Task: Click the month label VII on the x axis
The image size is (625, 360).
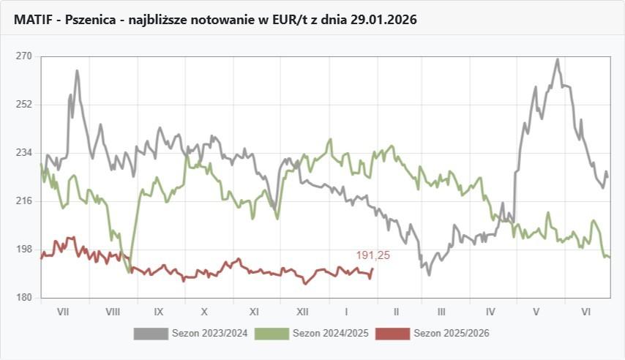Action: (x=63, y=311)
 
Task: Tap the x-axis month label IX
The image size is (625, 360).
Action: (x=158, y=311)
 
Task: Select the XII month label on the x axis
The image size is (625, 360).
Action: (x=302, y=311)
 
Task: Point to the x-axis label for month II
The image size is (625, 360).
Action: (x=395, y=311)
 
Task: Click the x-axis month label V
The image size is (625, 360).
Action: (x=536, y=311)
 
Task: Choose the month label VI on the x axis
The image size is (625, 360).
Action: (x=586, y=311)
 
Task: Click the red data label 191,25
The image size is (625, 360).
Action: (x=373, y=255)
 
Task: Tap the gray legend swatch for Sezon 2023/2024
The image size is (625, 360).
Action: (x=150, y=334)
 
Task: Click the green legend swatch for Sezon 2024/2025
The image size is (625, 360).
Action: (x=271, y=334)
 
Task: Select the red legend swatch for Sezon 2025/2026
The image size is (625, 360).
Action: (x=392, y=334)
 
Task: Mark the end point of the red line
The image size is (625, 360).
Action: (x=373, y=269)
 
